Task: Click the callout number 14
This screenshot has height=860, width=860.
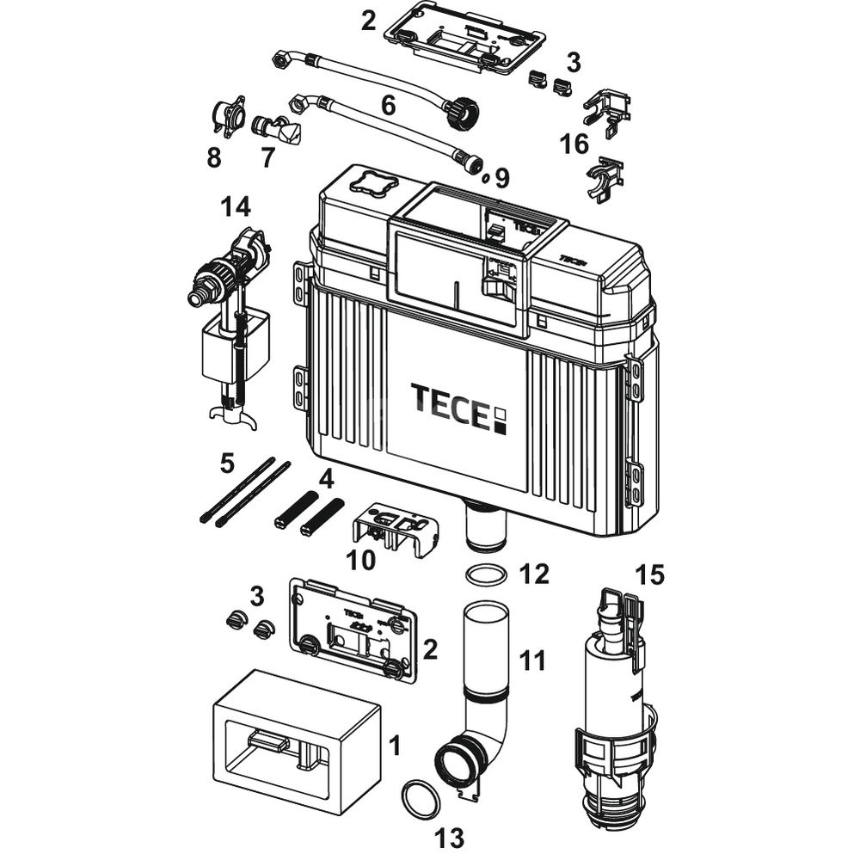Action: pos(235,206)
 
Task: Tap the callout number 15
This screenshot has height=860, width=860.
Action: pos(650,573)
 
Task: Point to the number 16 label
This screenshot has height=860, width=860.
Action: pos(574,144)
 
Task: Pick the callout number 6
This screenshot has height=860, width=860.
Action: pos(388,106)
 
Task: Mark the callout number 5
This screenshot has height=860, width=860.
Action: pos(227,463)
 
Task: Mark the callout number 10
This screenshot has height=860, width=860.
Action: pos(360,562)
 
